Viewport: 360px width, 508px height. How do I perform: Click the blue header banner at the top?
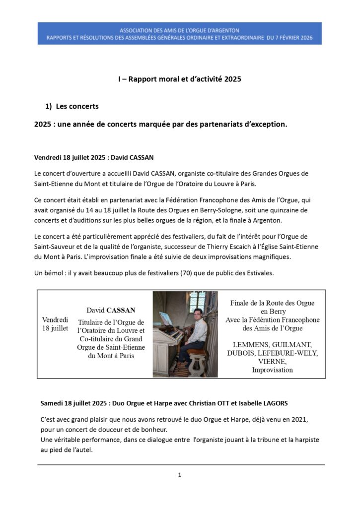coord(179,33)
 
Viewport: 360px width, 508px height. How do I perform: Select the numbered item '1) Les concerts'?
coord(72,106)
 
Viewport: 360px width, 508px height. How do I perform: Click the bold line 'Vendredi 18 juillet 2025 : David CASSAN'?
coord(94,158)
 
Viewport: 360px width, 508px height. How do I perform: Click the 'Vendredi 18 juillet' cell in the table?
coord(55,324)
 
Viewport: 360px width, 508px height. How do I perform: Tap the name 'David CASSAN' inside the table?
coord(111,310)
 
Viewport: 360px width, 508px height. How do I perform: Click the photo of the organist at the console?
coord(185,334)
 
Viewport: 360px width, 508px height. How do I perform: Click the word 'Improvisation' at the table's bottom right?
coord(272,370)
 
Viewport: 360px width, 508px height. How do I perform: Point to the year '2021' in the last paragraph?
coord(299,419)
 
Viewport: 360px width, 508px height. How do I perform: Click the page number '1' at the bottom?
coord(180,475)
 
